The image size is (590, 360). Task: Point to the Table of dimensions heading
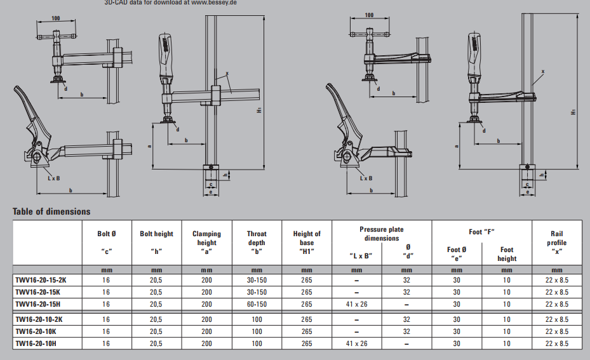tap(51, 211)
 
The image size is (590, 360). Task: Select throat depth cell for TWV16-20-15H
tap(257, 305)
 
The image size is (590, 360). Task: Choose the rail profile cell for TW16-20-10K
tap(556, 331)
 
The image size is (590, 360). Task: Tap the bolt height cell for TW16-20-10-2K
tap(156, 319)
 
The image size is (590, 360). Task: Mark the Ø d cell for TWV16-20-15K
tap(408, 292)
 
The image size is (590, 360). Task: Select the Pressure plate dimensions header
tap(381, 234)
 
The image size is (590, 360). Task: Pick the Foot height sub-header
tap(507, 254)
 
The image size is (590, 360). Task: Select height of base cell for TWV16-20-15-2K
tap(307, 279)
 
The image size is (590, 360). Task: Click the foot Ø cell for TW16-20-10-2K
tap(457, 319)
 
